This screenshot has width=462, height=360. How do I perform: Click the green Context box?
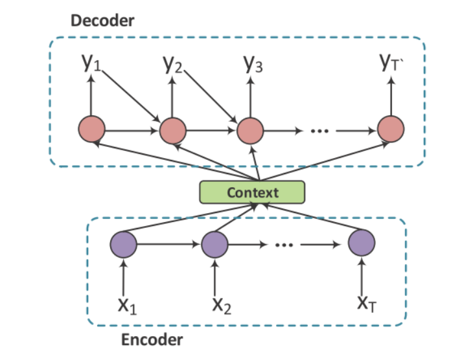(x=251, y=192)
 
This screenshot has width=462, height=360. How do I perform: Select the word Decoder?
(x=102, y=20)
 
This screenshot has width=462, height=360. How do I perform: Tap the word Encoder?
(x=152, y=339)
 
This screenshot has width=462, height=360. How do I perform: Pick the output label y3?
(x=253, y=63)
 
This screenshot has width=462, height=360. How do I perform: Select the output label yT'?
(x=391, y=62)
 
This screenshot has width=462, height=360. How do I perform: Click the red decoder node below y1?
(x=91, y=130)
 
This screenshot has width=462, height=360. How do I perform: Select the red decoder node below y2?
(x=173, y=130)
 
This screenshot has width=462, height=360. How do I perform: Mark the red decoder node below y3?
(x=250, y=130)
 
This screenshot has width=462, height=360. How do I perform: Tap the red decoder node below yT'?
(x=391, y=130)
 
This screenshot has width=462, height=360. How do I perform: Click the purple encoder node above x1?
(x=124, y=244)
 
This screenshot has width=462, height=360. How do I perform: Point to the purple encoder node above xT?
(x=361, y=243)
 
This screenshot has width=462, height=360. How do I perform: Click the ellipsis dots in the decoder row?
(x=319, y=131)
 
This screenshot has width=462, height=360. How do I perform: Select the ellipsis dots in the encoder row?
(x=284, y=245)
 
